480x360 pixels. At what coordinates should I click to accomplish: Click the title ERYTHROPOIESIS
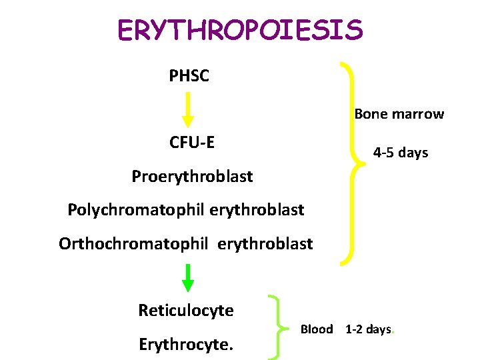pyautogui.click(x=240, y=30)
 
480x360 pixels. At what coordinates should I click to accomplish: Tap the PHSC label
pyautogui.click(x=189, y=76)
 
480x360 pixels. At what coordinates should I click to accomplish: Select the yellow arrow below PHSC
pyautogui.click(x=188, y=109)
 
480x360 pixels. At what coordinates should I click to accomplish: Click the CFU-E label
pyautogui.click(x=192, y=142)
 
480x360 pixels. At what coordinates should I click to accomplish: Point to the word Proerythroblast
pyautogui.click(x=192, y=177)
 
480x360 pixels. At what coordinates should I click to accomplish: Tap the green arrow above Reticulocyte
pyautogui.click(x=188, y=278)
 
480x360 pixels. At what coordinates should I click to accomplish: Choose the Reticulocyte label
pyautogui.click(x=186, y=311)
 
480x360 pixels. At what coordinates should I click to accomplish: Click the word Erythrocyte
pyautogui.click(x=184, y=345)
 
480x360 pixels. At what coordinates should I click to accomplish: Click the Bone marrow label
pyautogui.click(x=399, y=114)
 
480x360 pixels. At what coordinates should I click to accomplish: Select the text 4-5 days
pyautogui.click(x=400, y=153)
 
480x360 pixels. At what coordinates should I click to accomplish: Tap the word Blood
pyautogui.click(x=317, y=329)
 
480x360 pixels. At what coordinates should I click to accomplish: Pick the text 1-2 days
pyautogui.click(x=368, y=329)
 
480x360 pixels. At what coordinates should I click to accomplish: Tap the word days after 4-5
pyautogui.click(x=413, y=153)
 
